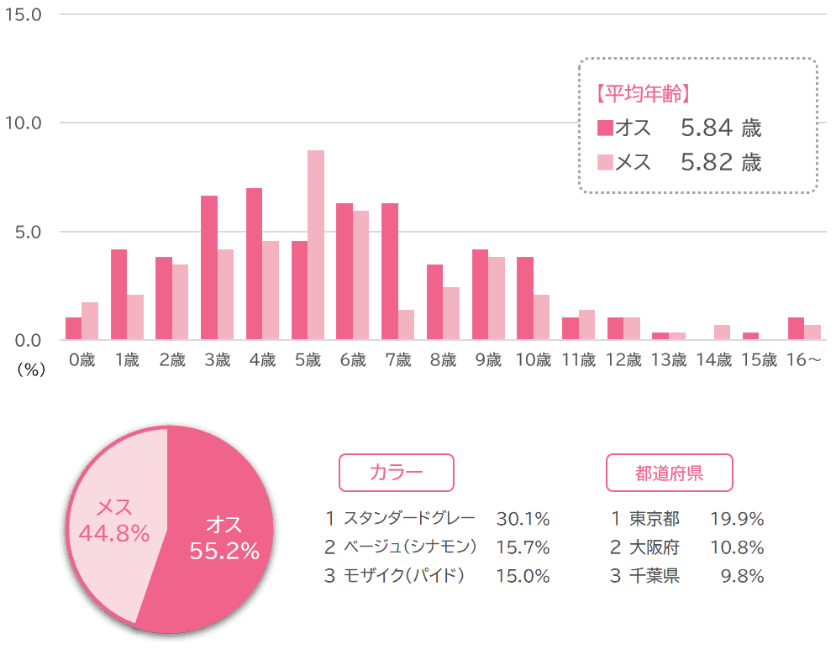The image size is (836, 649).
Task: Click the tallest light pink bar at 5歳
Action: point(316,245)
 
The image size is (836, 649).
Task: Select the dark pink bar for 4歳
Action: point(254,264)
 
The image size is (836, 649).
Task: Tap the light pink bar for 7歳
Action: point(406,325)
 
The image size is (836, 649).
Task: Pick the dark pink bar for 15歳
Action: point(750,336)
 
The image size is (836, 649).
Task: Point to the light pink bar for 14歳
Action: point(722,332)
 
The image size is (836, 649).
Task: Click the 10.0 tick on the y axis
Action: point(23,123)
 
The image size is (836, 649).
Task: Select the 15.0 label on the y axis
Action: point(23,14)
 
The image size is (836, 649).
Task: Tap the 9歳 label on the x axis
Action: point(488,359)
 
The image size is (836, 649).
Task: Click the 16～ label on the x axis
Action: point(803,359)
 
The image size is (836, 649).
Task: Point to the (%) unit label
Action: point(31,369)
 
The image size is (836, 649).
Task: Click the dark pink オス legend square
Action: point(605,128)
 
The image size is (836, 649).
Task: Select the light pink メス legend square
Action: point(605,162)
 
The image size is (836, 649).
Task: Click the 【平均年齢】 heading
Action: point(644,94)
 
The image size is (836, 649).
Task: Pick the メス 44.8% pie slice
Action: point(114,522)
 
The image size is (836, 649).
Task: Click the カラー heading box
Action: point(396,473)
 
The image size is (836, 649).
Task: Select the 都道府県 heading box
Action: point(669,473)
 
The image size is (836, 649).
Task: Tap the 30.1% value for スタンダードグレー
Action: point(523,519)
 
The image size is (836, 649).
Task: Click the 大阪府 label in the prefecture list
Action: point(655,547)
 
